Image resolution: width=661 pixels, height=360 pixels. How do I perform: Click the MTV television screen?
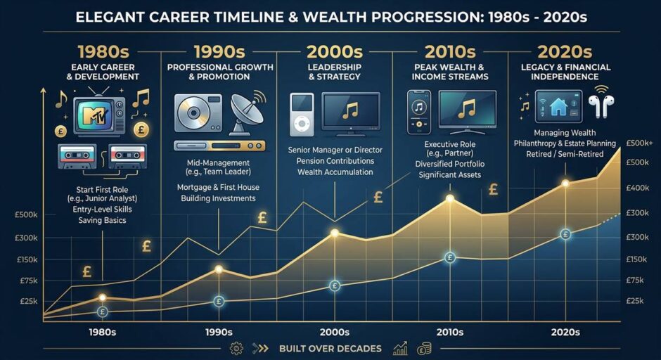(96, 115)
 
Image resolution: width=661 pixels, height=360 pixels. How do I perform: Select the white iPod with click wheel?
(302, 115)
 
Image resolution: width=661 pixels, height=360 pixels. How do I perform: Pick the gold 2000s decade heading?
(334, 52)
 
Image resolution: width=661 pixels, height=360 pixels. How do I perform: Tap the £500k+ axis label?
(639, 143)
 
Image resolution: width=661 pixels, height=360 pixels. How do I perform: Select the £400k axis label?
(637, 188)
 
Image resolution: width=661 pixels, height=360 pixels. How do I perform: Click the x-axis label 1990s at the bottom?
(219, 332)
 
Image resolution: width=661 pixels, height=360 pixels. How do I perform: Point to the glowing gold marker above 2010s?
(450, 198)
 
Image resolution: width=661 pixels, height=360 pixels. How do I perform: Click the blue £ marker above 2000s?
(335, 286)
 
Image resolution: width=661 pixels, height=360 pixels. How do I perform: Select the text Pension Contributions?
(335, 161)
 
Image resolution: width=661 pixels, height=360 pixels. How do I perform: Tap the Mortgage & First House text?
(219, 187)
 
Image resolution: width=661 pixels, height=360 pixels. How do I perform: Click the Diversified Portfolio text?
(450, 164)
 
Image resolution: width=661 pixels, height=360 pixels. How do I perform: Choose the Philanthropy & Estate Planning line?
(565, 143)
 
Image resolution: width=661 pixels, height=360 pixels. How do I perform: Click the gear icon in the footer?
(236, 349)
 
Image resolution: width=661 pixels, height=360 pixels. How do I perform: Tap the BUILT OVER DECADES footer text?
(330, 349)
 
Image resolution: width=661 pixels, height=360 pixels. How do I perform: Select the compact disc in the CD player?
(193, 112)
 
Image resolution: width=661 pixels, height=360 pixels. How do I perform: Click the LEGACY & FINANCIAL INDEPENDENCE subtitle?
(565, 72)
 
